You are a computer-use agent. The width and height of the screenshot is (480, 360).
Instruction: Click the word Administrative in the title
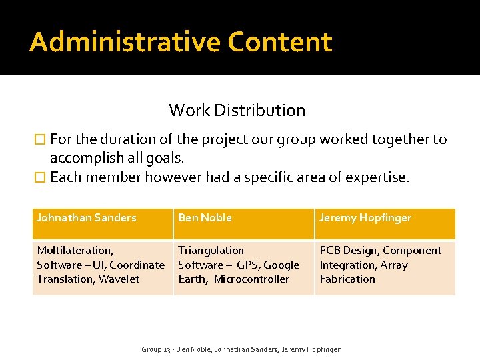125,42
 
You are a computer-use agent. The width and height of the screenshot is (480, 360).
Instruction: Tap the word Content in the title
279,42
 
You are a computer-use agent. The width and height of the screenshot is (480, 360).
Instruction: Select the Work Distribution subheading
237,110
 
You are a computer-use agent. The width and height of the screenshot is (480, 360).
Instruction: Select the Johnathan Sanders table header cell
86,217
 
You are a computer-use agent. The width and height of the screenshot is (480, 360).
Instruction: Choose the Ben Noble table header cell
205,217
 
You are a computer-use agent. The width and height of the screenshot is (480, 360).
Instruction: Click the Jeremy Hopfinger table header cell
365,217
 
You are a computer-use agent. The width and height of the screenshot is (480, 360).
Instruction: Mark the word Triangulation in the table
211,251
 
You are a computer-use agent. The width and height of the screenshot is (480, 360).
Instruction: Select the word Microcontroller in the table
251,279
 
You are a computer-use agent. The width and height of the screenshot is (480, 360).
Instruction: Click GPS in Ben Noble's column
247,265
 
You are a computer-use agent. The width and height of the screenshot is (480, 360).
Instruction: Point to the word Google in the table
281,265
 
